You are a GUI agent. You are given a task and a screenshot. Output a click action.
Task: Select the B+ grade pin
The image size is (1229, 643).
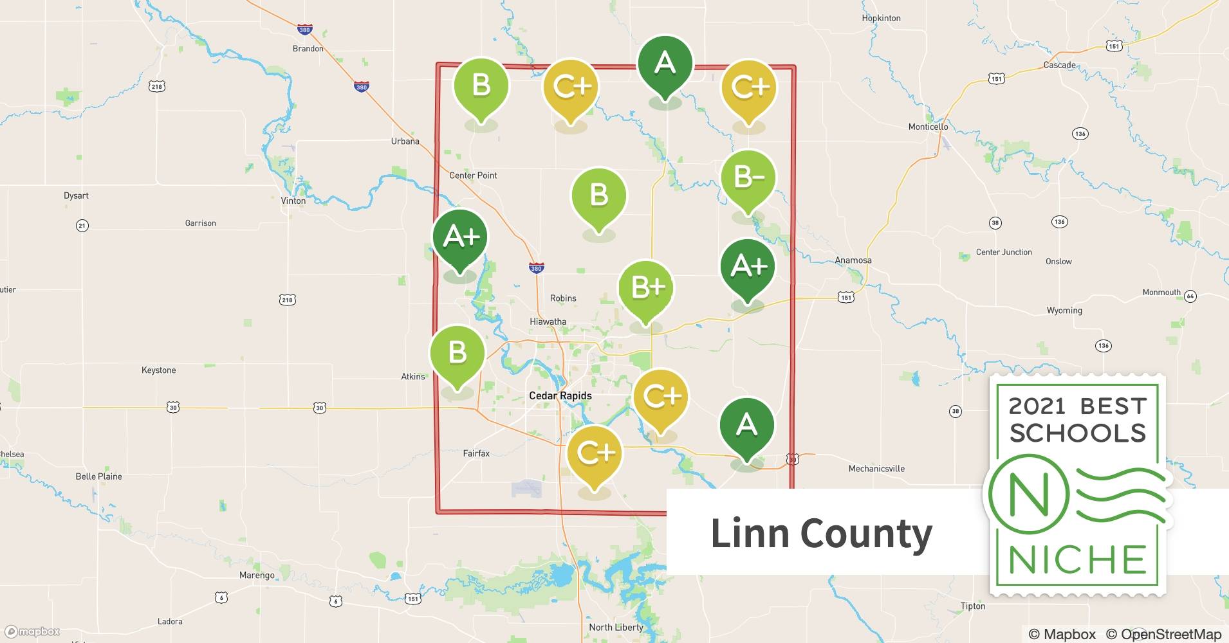(646, 288)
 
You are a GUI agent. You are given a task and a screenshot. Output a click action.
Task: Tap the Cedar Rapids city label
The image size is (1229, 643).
(560, 395)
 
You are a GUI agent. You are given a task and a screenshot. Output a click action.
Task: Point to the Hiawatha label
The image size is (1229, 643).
(548, 321)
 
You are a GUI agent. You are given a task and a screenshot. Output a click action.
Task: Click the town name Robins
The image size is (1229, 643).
(563, 298)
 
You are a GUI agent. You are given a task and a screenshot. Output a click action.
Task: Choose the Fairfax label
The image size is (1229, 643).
(476, 453)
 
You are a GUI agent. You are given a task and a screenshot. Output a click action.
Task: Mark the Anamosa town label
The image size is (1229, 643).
(853, 260)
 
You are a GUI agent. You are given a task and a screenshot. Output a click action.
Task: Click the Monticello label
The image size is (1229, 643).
(928, 127)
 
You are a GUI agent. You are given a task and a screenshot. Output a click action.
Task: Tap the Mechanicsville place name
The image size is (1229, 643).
(876, 469)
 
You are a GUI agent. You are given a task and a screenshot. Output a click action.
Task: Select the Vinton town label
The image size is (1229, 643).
(293, 201)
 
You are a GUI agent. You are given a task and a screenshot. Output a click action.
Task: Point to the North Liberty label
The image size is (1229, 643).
(616, 627)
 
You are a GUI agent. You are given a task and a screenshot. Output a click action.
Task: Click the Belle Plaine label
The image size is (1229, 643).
(98, 476)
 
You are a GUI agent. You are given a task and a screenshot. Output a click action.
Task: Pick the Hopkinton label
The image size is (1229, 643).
(881, 18)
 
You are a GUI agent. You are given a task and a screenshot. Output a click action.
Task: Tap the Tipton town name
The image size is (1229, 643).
(972, 606)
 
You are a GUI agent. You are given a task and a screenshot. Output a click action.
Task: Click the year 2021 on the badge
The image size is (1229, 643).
(1037, 406)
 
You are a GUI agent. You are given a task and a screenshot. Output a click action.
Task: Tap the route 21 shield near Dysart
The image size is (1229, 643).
(82, 225)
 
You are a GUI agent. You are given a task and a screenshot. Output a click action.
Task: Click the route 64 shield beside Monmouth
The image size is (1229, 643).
(1190, 296)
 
